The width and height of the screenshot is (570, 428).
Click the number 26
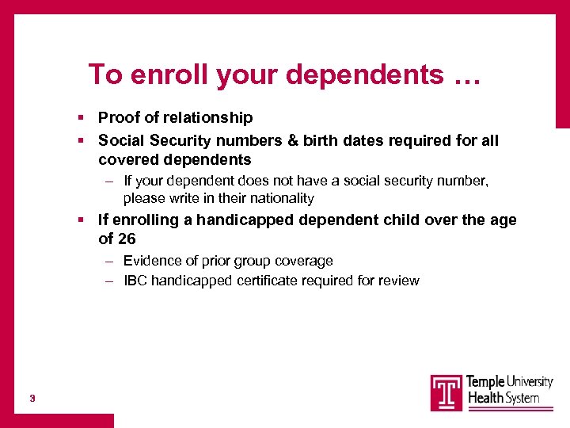click(127, 239)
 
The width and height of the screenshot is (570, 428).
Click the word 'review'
click(399, 281)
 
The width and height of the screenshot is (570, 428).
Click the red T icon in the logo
click(446, 392)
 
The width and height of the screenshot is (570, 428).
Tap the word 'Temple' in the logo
click(484, 382)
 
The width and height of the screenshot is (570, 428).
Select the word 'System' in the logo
click(518, 398)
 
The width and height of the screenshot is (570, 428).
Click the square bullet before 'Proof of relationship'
click(82, 118)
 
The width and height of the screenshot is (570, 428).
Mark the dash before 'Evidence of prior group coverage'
click(108, 261)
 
